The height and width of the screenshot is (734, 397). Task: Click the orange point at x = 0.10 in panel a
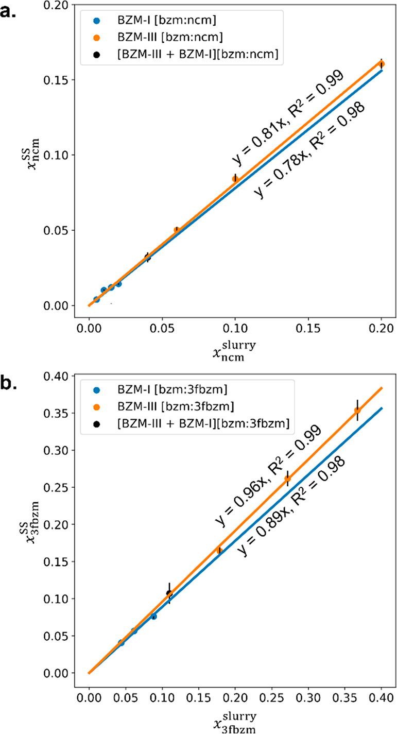click(x=235, y=178)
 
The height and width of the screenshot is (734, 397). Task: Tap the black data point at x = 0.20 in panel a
click(x=381, y=64)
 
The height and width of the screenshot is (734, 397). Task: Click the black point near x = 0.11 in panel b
click(x=169, y=593)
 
